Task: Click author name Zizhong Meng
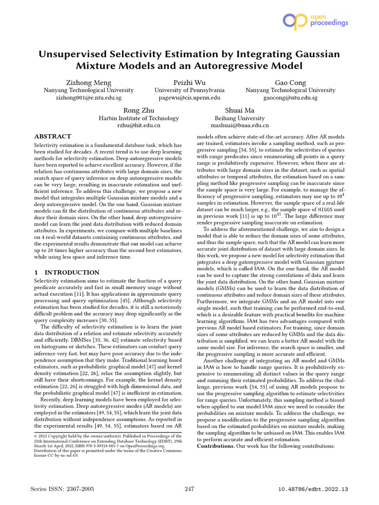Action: coord(89,82)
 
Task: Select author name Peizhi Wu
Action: coord(189,82)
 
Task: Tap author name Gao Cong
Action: coord(290,82)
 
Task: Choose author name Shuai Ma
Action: coord(240,110)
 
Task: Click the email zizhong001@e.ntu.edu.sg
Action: coord(89,98)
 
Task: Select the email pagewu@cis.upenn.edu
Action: coord(189,98)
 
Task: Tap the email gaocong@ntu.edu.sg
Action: coord(290,98)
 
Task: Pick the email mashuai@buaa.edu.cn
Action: coord(240,126)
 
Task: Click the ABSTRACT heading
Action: coord(52,136)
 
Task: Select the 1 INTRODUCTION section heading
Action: coord(67,272)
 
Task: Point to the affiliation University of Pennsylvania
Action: coord(189,90)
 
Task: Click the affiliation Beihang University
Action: coord(240,118)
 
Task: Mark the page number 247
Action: coord(189,489)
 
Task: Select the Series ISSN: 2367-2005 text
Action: coord(62,489)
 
